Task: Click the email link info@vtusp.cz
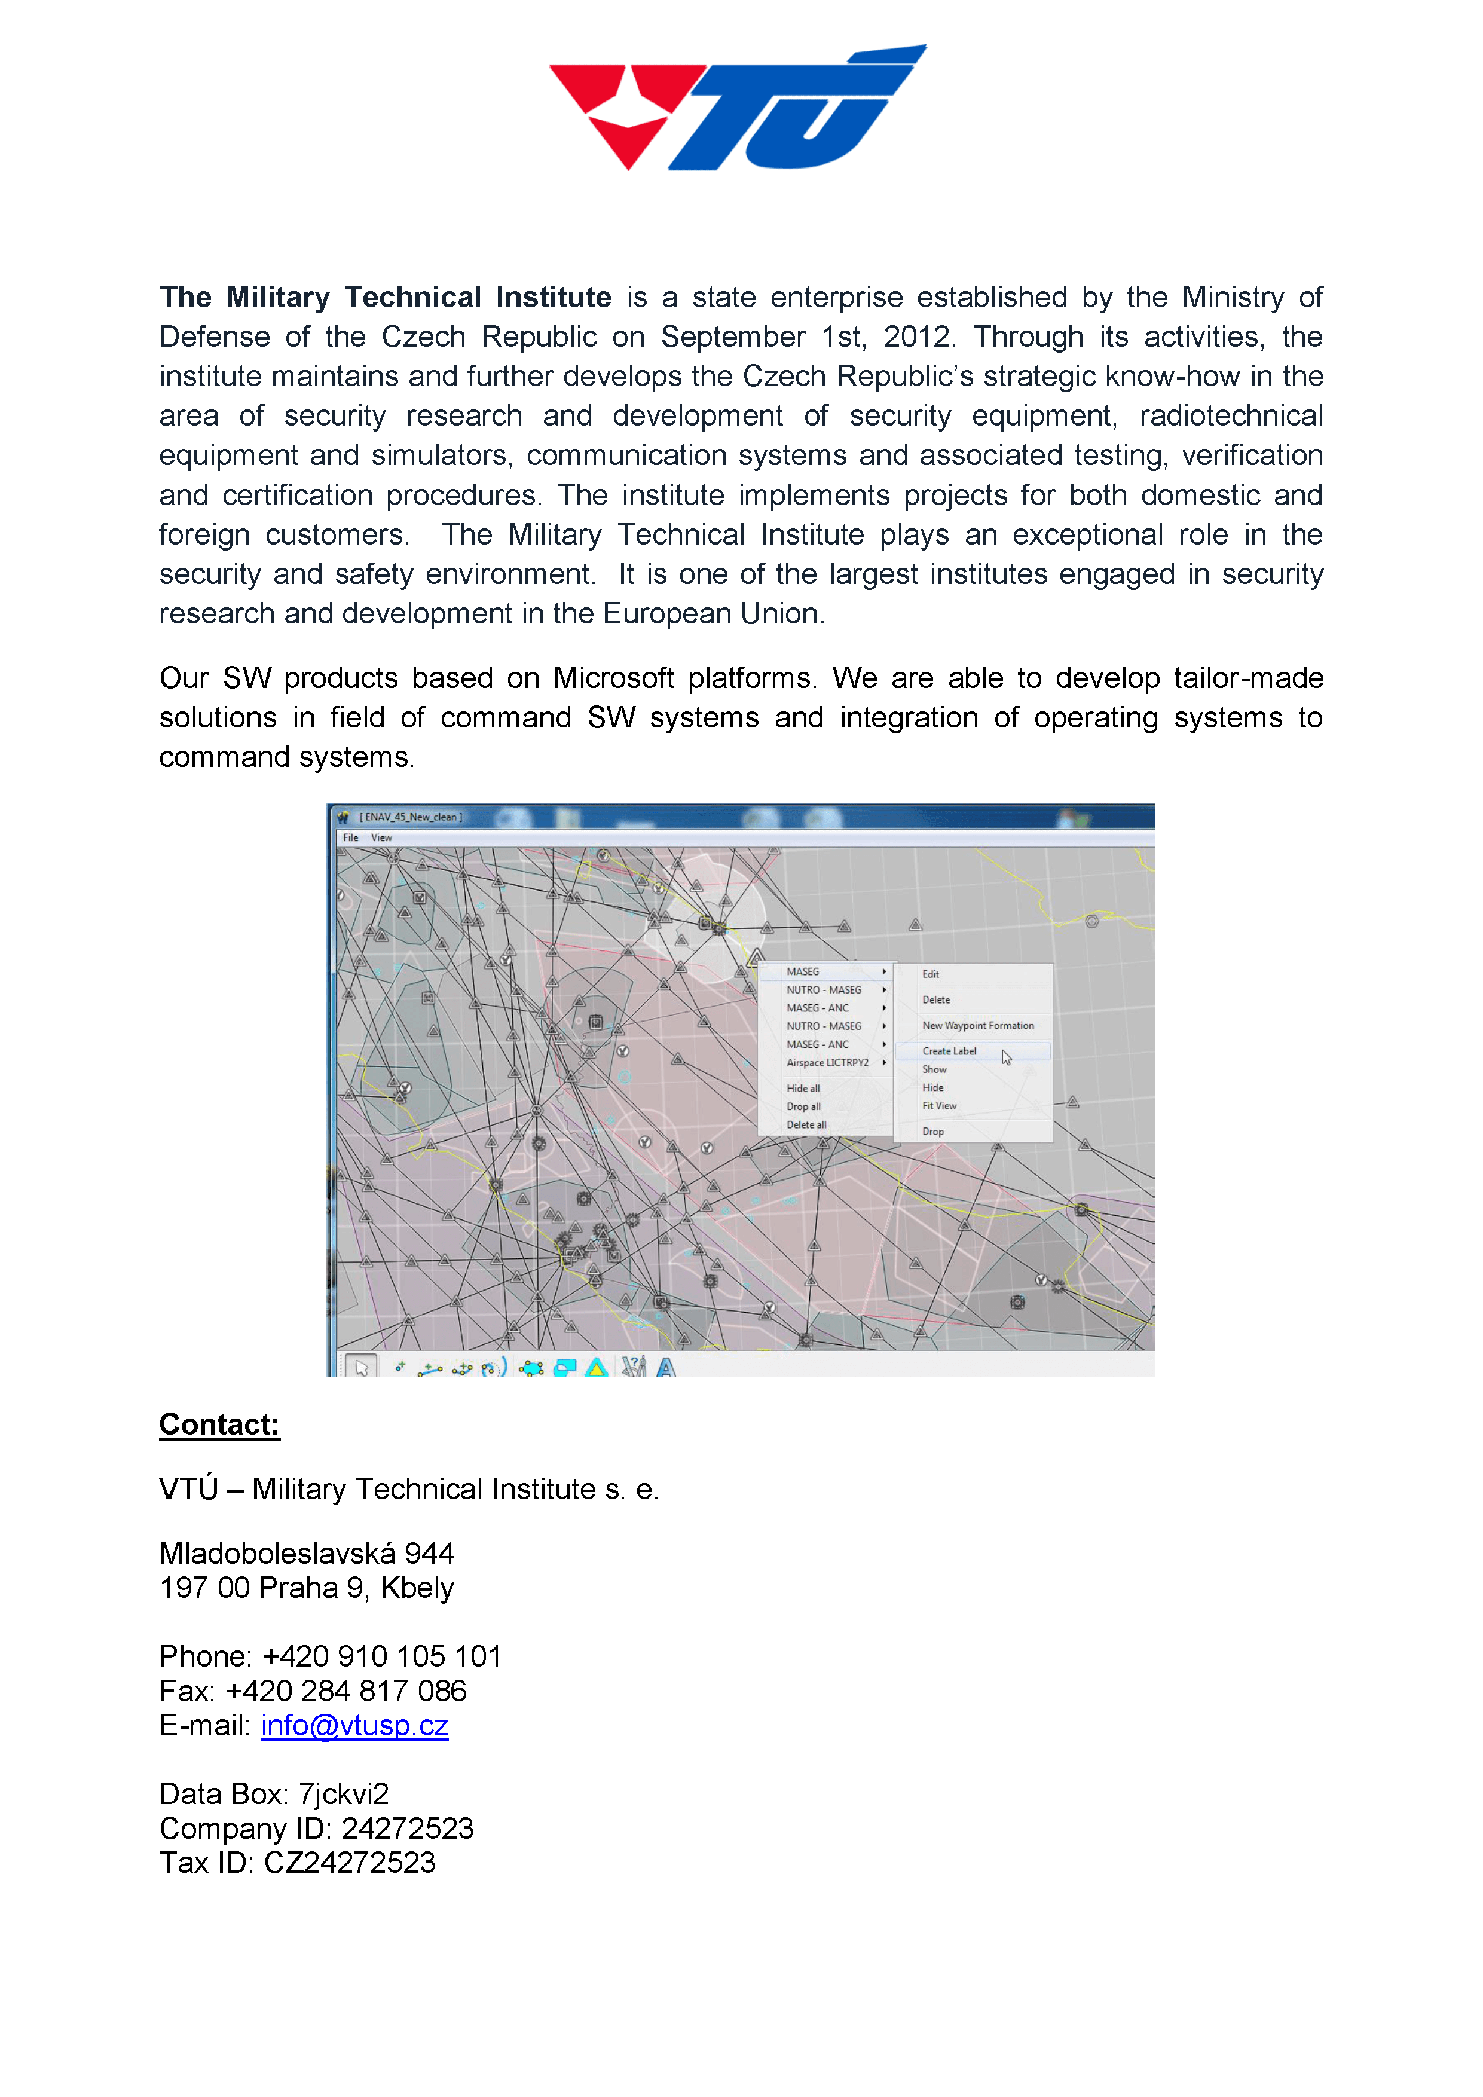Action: (x=354, y=1725)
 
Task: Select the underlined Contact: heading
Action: (x=219, y=1425)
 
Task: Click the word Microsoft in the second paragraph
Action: (x=614, y=678)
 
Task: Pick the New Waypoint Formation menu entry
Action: (x=978, y=1026)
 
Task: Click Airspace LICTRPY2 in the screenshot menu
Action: (x=827, y=1063)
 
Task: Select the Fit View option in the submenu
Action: (x=938, y=1106)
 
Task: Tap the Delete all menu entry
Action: (x=806, y=1125)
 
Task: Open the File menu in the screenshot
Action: (x=351, y=837)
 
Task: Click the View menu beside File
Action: (x=382, y=837)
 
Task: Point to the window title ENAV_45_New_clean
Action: (x=410, y=817)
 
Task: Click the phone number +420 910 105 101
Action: (x=382, y=1657)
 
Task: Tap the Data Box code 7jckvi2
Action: (x=343, y=1795)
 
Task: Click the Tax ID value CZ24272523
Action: (x=350, y=1863)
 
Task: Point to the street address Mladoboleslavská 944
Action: (x=306, y=1554)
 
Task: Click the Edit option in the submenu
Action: (x=931, y=974)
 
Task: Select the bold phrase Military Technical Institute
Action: (x=418, y=298)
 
